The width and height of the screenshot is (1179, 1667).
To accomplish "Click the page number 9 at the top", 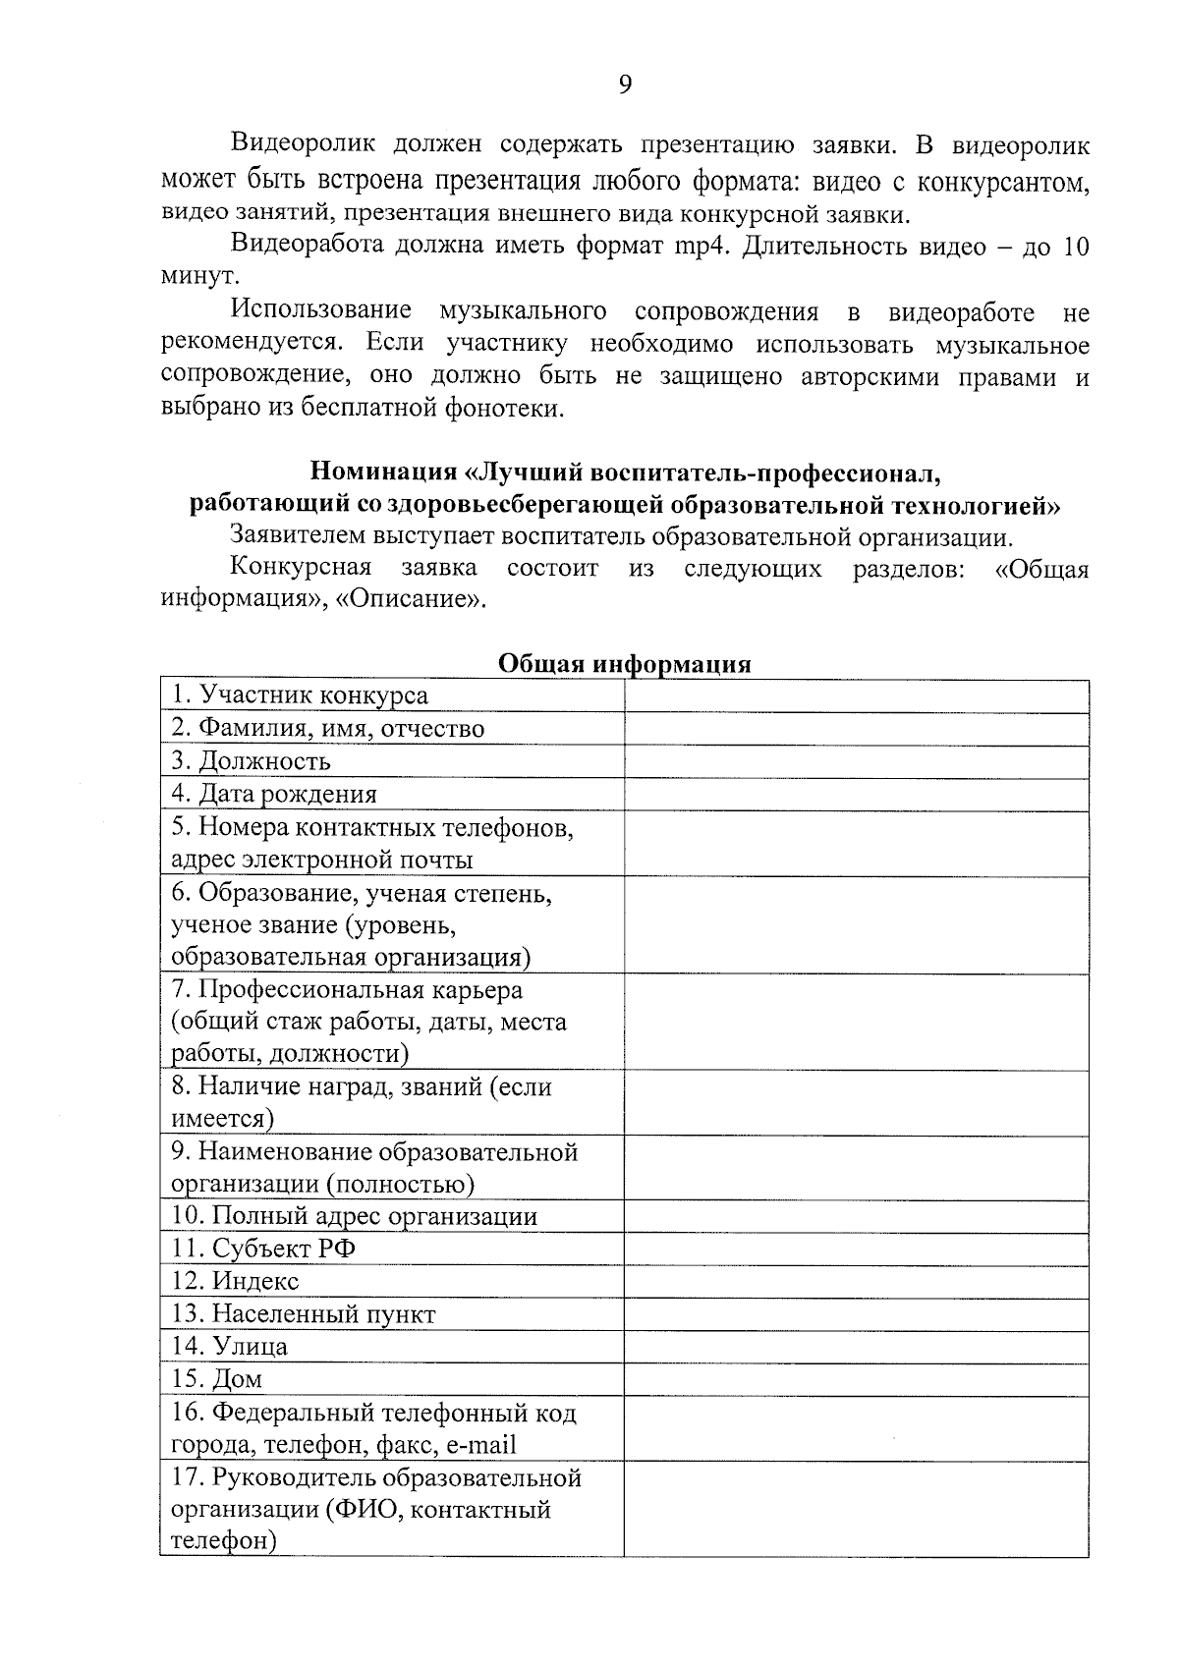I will pos(625,84).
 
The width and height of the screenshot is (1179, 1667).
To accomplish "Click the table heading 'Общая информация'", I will pos(624,664).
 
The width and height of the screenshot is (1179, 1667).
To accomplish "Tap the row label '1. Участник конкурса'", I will pos(300,695).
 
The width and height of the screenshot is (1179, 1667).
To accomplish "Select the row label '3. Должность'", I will pos(251,761).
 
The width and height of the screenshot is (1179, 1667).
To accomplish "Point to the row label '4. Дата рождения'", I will pos(274,794).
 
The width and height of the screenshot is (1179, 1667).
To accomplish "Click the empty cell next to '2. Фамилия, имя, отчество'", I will pos(856,729).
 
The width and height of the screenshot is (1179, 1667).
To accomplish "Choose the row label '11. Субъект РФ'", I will pos(263,1249).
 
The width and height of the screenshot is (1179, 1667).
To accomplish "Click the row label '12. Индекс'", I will pos(235,1281).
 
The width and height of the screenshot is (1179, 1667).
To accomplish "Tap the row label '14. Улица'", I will pos(229,1346).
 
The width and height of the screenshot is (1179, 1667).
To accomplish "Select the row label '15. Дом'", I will pos(217,1379).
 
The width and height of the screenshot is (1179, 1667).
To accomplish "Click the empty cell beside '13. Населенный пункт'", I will pos(856,1314).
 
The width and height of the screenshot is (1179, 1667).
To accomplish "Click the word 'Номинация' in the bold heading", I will pos(384,472).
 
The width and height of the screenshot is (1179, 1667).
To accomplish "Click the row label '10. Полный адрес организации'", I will pos(355,1216).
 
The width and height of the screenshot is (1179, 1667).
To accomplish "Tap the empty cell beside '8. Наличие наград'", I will pos(856,1102).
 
